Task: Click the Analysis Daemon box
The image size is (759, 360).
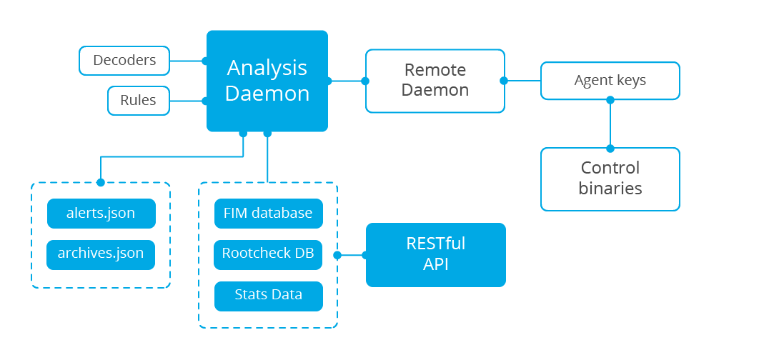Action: coord(267,81)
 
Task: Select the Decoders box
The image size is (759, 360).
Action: coord(124,61)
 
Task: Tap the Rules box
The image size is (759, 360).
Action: coord(139,101)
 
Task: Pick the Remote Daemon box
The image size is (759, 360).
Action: coord(435,81)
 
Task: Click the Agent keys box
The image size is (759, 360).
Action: coord(610,81)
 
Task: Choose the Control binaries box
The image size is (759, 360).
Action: coord(610,179)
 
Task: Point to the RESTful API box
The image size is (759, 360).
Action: coord(436,255)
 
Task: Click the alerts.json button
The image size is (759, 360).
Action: coord(101,214)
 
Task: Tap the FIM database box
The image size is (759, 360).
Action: coord(269,214)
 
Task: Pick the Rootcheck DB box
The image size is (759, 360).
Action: coord(268,254)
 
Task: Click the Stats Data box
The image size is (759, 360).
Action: coord(269,296)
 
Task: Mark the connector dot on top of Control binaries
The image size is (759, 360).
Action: coord(610,148)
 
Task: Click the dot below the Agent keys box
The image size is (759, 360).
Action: coord(610,100)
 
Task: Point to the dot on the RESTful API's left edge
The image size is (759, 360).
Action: coord(366,255)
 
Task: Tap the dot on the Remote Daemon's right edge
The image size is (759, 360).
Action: coord(504,81)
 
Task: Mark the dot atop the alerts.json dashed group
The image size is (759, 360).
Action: coord(101,182)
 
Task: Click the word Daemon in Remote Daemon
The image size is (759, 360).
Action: coord(435,90)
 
